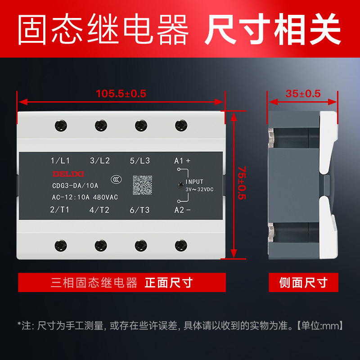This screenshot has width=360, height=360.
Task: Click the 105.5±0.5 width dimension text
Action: coord(121,94)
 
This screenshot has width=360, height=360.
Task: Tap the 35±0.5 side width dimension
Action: coord(303,94)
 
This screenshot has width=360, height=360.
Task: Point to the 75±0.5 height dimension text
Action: coord(242,183)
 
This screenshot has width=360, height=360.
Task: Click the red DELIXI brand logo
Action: coord(68,174)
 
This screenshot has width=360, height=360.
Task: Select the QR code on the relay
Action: coord(143,185)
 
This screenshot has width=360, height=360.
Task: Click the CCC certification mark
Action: coord(117,180)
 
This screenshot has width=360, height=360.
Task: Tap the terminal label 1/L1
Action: coord(60,161)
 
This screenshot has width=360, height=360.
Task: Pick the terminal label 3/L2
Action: coord(100,161)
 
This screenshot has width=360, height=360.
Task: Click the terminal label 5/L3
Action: coord(140,161)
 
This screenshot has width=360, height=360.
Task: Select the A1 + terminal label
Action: coord(182,161)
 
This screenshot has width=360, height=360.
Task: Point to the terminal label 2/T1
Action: coord(60,210)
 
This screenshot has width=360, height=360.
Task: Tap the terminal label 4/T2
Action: coord(99,210)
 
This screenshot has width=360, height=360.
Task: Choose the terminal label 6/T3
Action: coord(139,210)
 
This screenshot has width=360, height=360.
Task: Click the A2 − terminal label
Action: coord(182,210)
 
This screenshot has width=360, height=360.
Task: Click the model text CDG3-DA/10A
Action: coord(75,185)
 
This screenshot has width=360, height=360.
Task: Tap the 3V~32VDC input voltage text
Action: coord(199,189)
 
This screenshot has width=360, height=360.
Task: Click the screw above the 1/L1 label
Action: coord(61,126)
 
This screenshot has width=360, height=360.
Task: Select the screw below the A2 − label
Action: coord(181,245)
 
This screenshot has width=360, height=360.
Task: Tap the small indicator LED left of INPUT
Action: coord(181,185)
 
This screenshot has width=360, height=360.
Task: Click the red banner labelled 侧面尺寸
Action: coord(303,283)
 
